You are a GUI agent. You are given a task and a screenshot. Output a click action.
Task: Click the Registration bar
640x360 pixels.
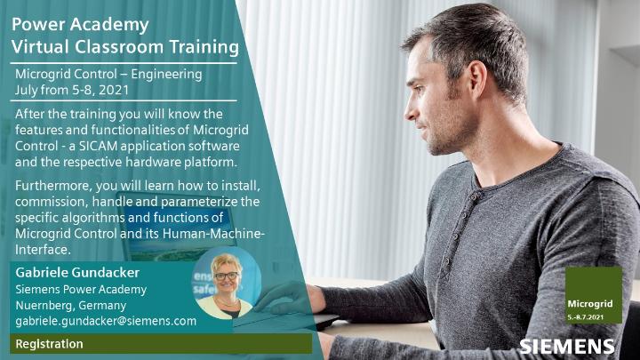click(x=160, y=344)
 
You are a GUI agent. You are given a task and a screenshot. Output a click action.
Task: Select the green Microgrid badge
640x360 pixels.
click(x=592, y=294)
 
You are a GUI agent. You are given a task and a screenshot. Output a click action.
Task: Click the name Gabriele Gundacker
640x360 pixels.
click(x=77, y=272)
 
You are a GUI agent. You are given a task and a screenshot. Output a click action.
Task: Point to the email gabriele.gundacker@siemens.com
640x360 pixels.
click(x=106, y=321)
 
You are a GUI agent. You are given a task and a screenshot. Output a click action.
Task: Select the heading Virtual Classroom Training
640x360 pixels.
click(x=125, y=44)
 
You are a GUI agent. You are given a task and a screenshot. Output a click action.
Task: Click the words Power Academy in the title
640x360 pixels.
click(x=80, y=23)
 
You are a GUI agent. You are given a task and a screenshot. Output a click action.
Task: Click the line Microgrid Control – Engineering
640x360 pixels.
click(x=108, y=75)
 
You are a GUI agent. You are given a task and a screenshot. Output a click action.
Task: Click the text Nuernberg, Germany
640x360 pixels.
click(x=71, y=305)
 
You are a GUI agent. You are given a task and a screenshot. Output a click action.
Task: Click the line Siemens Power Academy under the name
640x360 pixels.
click(x=81, y=289)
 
